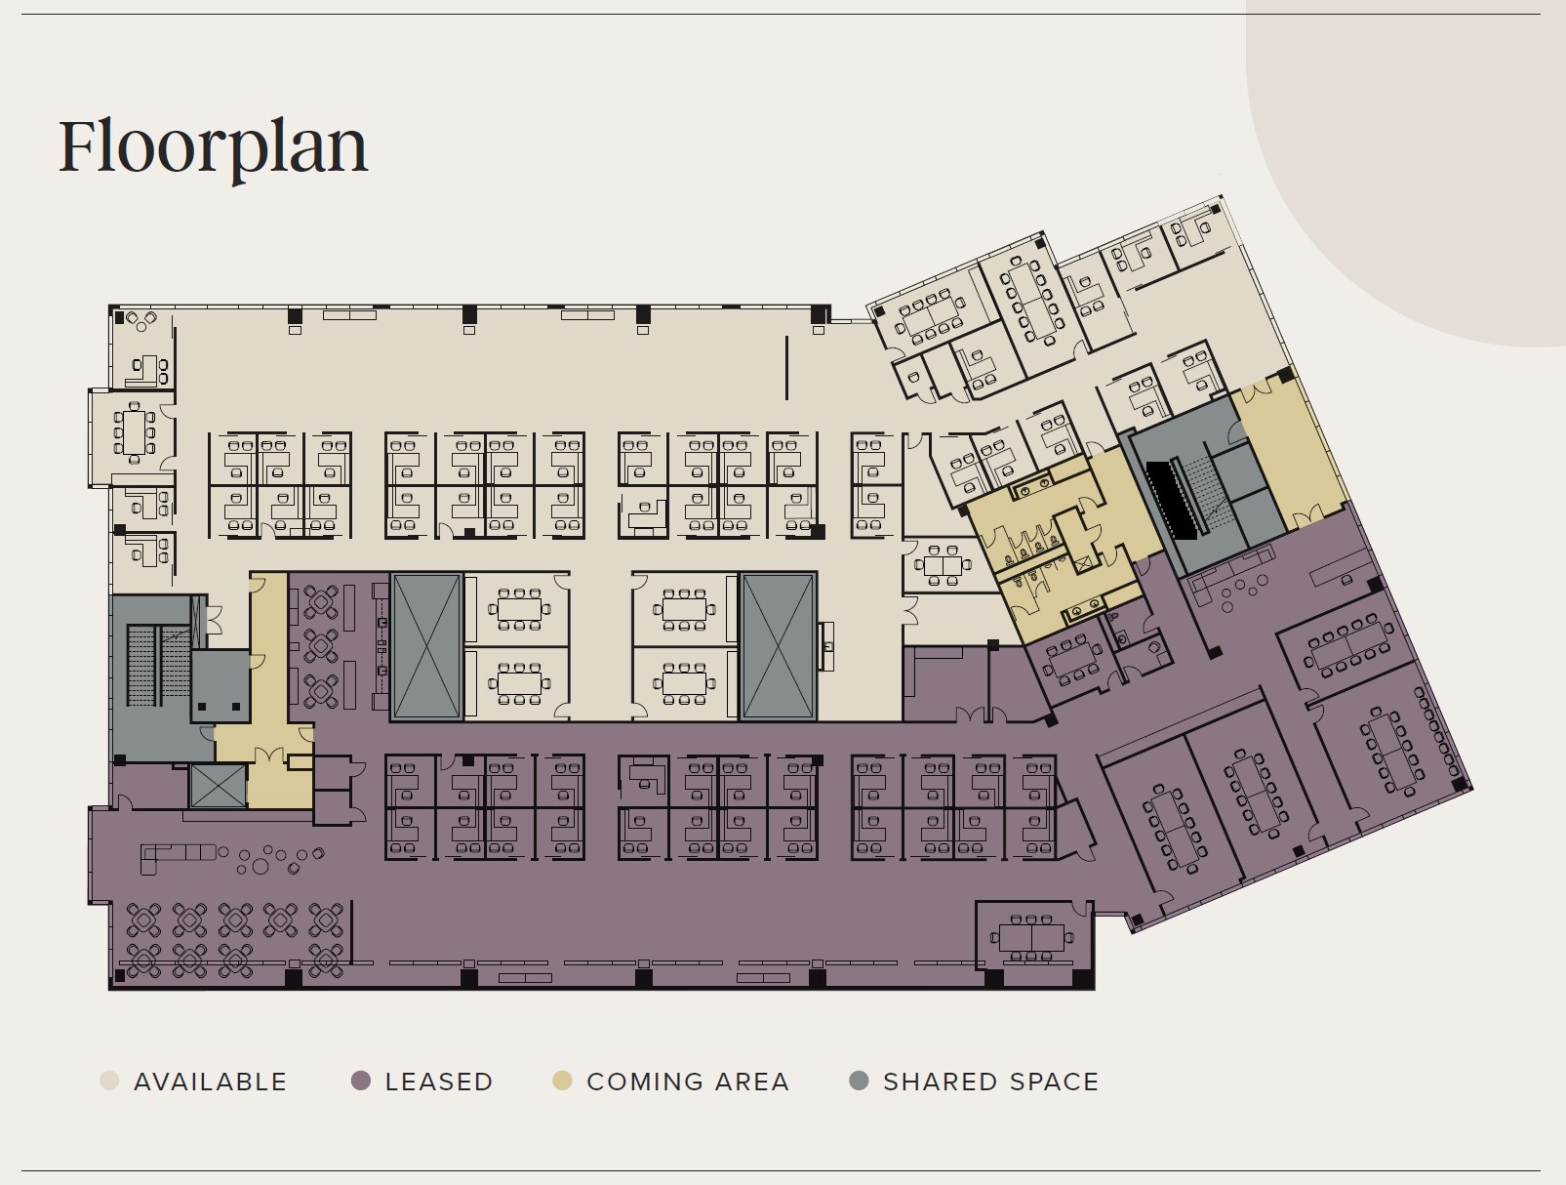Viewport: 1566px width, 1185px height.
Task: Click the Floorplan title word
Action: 213,147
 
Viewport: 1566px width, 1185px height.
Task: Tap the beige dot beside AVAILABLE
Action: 109,1081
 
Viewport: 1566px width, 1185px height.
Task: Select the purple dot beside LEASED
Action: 361,1081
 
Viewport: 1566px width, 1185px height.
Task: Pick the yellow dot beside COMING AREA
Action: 562,1081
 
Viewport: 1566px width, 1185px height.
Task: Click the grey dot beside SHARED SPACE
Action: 859,1081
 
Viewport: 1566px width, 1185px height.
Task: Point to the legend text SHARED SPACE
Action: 991,1082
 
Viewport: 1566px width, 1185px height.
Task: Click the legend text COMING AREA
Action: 688,1082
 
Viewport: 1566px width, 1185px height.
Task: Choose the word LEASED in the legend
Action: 439,1082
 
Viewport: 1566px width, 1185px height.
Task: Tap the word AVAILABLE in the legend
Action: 211,1082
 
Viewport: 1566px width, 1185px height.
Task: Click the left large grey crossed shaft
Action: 426,646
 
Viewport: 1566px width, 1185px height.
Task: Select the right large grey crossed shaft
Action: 778,646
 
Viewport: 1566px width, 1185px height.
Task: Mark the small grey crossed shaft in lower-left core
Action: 219,786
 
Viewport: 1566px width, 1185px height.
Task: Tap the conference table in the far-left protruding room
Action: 134,432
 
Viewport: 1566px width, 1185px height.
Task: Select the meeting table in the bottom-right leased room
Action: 1031,937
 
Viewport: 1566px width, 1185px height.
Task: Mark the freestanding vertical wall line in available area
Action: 787,368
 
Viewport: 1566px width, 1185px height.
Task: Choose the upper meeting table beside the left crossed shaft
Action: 519,609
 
